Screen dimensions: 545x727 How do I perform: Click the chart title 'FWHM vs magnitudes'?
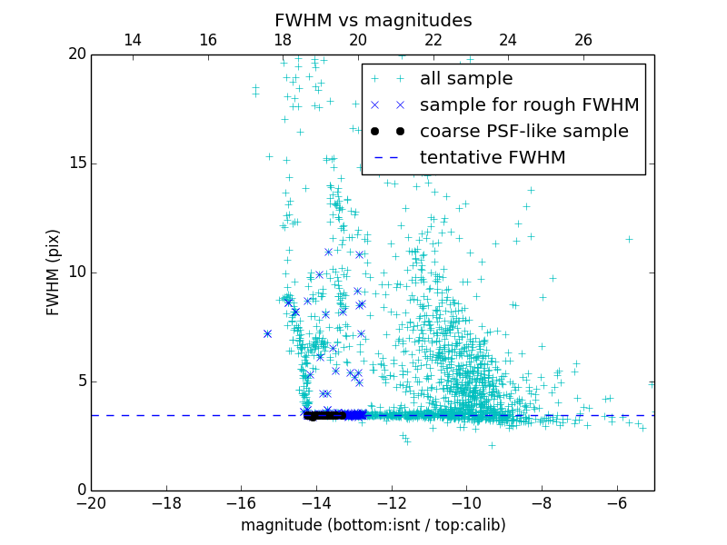[373, 20]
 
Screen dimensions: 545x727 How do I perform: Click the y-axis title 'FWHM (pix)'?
[53, 272]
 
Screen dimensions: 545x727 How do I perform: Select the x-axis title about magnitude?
[373, 525]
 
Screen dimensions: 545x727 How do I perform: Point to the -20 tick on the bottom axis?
[91, 502]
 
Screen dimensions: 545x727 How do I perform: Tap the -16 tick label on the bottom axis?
[241, 502]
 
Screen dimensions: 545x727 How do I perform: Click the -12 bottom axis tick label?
[392, 502]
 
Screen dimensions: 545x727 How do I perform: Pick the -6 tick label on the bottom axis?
[616, 502]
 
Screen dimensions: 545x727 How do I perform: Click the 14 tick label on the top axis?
[132, 40]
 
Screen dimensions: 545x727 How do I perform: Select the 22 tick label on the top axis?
[433, 40]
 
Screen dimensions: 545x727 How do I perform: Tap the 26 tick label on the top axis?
[583, 40]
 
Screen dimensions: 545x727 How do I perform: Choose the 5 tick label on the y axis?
[80, 381]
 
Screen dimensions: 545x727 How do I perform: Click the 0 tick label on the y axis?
[80, 490]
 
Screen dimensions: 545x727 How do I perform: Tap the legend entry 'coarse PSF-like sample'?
[523, 132]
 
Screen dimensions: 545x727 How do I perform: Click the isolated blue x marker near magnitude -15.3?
[267, 333]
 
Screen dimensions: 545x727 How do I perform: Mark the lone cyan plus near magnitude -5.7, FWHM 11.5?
[628, 239]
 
